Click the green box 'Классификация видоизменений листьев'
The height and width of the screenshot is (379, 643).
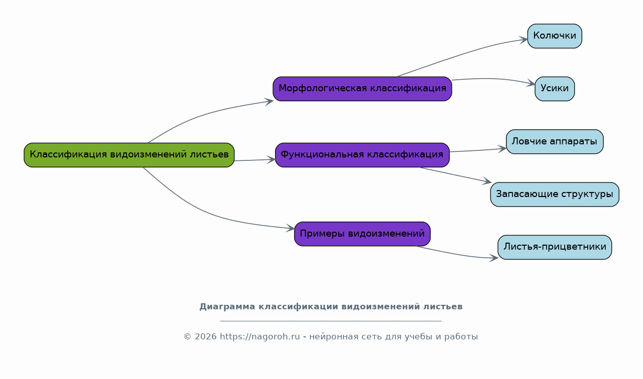pyautogui.click(x=129, y=155)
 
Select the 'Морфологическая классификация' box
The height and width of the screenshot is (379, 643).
pyautogui.click(x=362, y=89)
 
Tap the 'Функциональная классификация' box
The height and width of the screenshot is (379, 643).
pyautogui.click(x=362, y=155)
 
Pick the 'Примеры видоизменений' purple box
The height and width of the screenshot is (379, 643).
pyautogui.click(x=362, y=234)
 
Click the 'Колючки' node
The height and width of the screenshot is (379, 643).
pyautogui.click(x=555, y=36)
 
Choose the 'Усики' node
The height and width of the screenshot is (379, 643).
pyautogui.click(x=555, y=89)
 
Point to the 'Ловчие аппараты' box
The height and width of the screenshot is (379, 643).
pyautogui.click(x=555, y=141)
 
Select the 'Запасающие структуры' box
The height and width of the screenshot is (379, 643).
pyautogui.click(x=555, y=195)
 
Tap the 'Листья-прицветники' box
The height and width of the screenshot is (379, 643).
pyautogui.click(x=555, y=247)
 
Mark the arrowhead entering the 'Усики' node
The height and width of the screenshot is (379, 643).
pyautogui.click(x=531, y=84)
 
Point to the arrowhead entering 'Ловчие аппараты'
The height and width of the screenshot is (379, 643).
pyautogui.click(x=502, y=149)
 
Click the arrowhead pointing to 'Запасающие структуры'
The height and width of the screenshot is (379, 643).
pyautogui.click(x=487, y=181)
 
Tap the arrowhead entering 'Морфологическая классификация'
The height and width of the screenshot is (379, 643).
pyautogui.click(x=269, y=101)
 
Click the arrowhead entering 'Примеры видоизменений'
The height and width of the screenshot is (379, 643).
pyautogui.click(x=291, y=229)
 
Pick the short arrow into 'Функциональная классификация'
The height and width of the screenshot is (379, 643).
pyautogui.click(x=255, y=160)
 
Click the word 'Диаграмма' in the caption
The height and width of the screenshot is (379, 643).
pyautogui.click(x=227, y=307)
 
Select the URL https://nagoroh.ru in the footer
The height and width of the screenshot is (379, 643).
pyautogui.click(x=260, y=336)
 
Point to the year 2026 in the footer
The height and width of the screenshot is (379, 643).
pyautogui.click(x=205, y=336)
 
